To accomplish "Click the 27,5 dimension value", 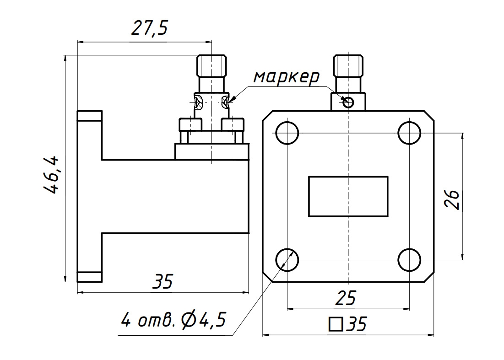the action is point(150,28).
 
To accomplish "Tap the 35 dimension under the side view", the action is point(163,281).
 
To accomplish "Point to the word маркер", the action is point(287,77).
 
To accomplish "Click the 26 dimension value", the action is point(452,199).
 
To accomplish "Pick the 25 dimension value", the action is point(346,298).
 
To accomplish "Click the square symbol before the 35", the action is point(335,324).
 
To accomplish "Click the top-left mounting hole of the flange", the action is point(287,133).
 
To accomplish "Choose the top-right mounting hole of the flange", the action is point(409,133).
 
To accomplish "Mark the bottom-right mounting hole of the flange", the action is point(409,259).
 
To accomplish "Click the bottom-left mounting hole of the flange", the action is point(287,259).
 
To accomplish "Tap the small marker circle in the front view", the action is point(348,102).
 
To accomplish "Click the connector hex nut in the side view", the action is point(211,66).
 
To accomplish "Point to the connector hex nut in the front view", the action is point(348,66).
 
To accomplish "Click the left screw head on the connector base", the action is point(190,124).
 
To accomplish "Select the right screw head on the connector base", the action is point(233,124).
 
